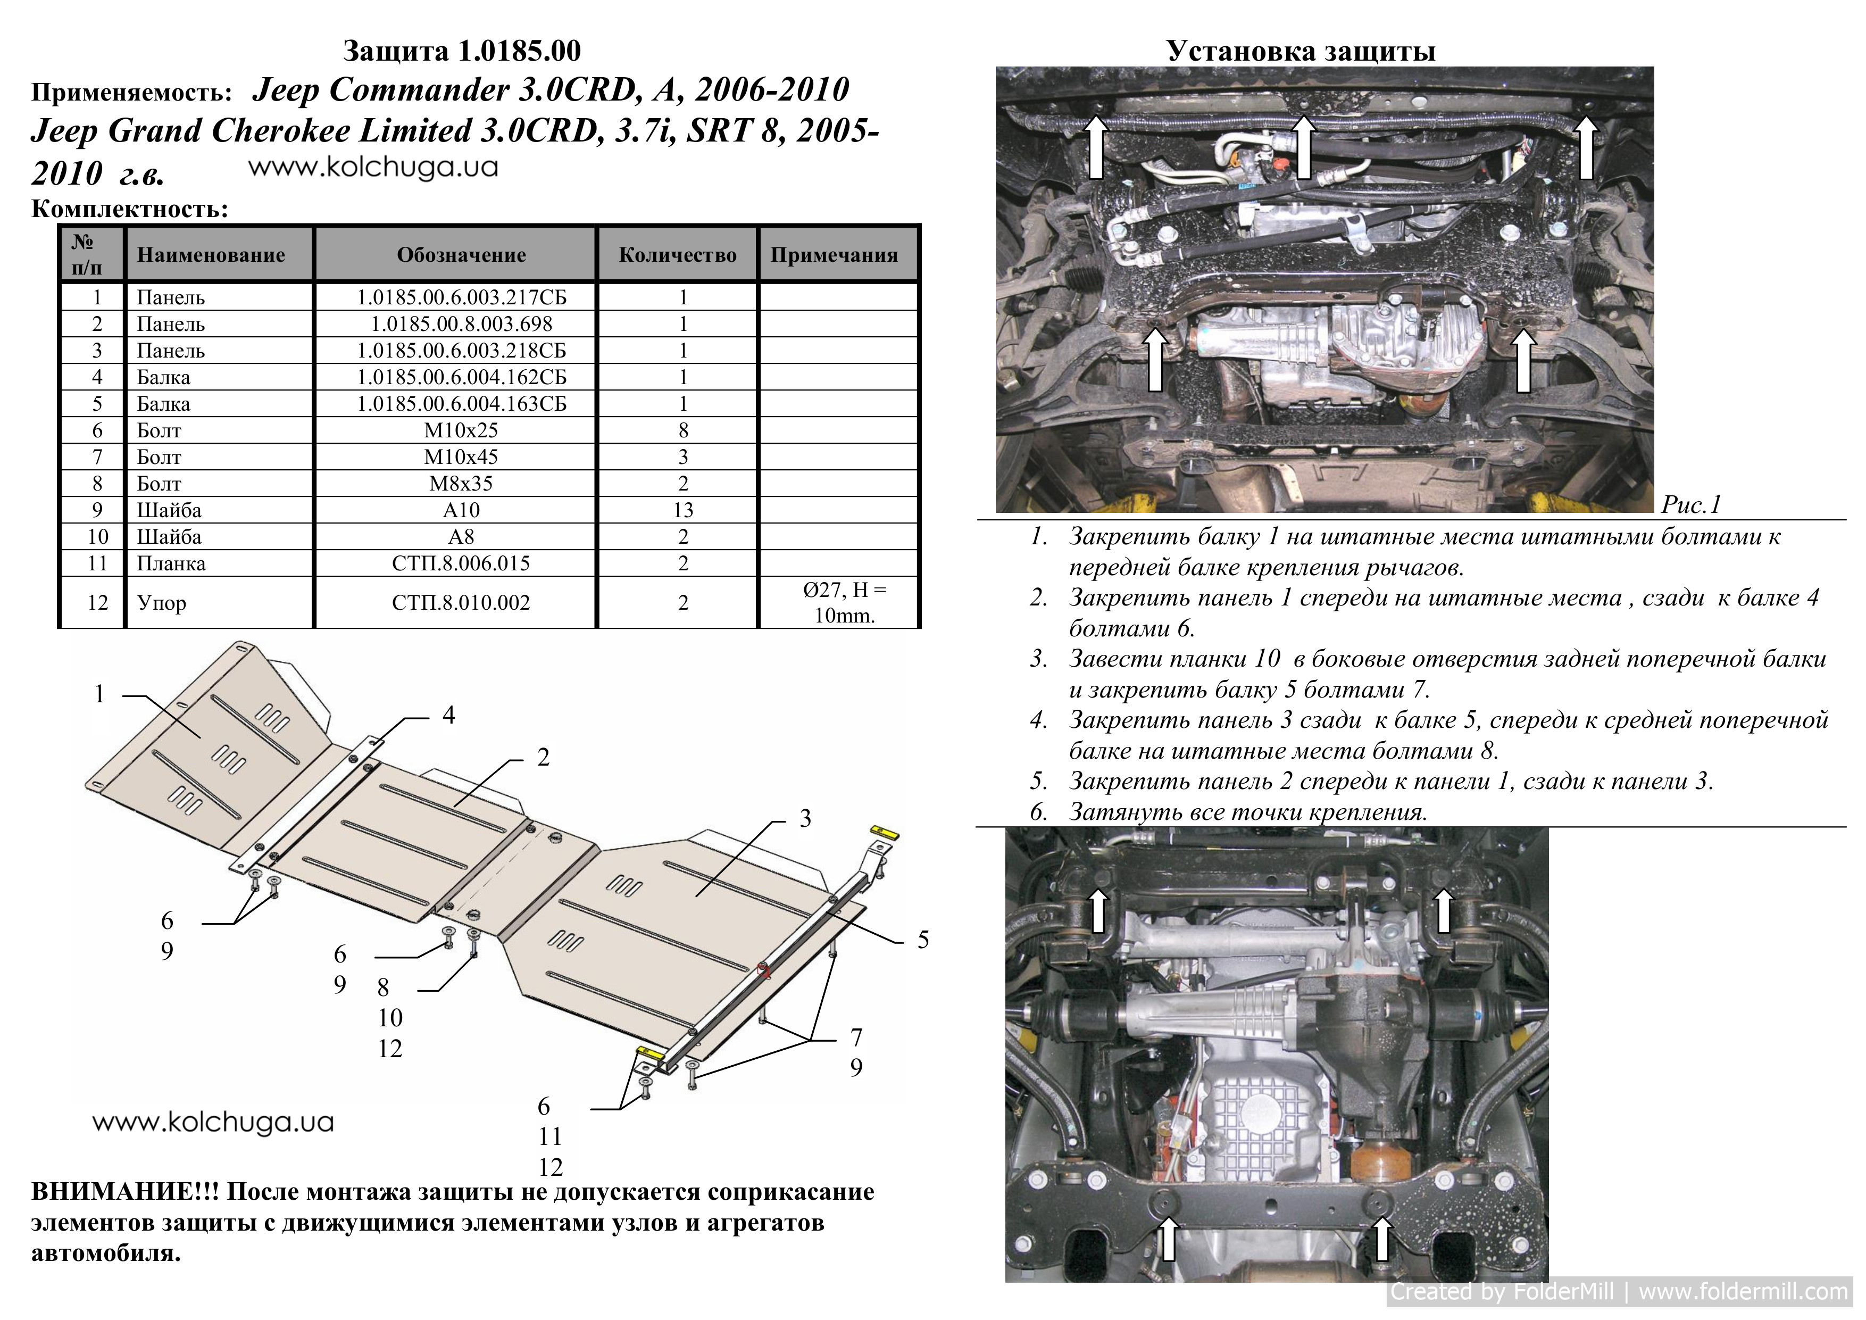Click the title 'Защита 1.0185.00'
pyautogui.click(x=462, y=51)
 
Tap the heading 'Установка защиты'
pyautogui.click(x=1301, y=51)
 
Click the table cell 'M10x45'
pyautogui.click(x=461, y=457)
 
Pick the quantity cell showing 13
pyautogui.click(x=682, y=510)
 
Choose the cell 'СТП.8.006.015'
pyautogui.click(x=461, y=563)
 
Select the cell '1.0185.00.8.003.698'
pyautogui.click(x=461, y=323)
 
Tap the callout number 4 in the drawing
pyautogui.click(x=448, y=715)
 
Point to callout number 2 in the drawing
pyautogui.click(x=544, y=758)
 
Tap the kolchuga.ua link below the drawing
pyautogui.click(x=213, y=1123)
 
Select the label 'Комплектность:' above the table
pyautogui.click(x=130, y=210)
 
